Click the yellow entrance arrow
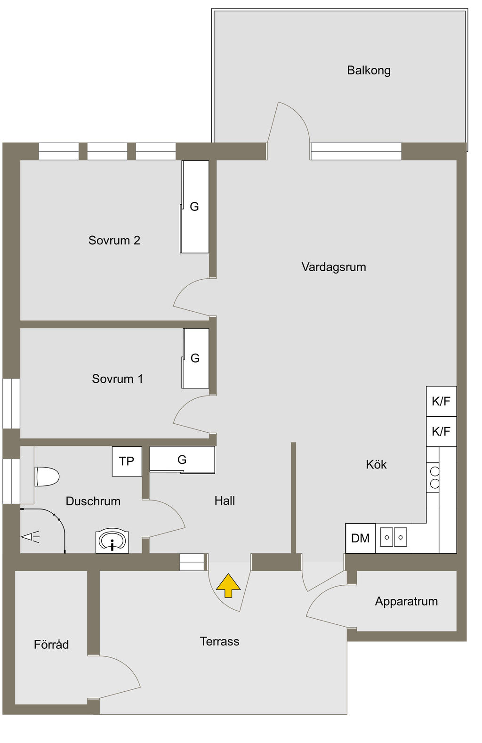(228, 585)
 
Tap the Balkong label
(369, 71)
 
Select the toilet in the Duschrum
(47, 476)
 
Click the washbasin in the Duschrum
(112, 541)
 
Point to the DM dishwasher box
(361, 538)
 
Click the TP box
(127, 461)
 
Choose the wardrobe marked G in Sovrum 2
(195, 207)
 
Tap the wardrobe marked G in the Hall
(182, 460)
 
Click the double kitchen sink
(393, 537)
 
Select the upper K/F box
(441, 401)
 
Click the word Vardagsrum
(334, 267)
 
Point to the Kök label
(376, 465)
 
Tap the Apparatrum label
(406, 601)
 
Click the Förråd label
(51, 645)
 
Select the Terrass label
(219, 641)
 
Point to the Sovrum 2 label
(114, 241)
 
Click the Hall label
(225, 501)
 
